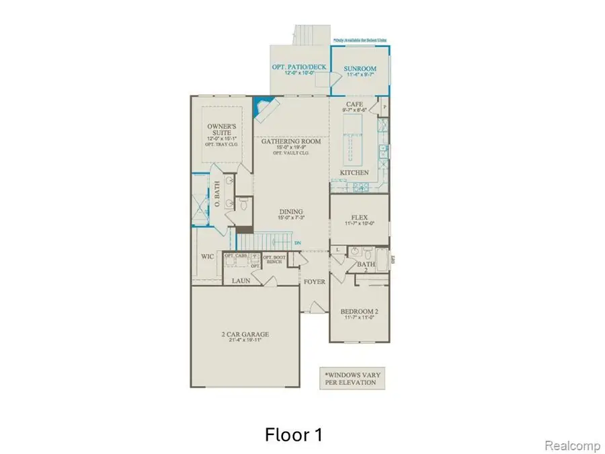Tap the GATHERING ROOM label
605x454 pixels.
(x=291, y=142)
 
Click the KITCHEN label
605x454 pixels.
(x=354, y=173)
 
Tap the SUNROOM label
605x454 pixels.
(x=360, y=69)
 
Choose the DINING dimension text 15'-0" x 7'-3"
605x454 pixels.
(x=292, y=217)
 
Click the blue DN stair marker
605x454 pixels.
(x=298, y=244)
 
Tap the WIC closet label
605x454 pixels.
(x=208, y=256)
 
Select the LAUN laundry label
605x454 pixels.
(x=241, y=280)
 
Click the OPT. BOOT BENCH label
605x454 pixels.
(x=273, y=259)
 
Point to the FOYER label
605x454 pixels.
(x=314, y=282)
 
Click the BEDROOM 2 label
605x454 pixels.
(x=358, y=311)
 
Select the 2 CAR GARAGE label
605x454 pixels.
(x=244, y=334)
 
